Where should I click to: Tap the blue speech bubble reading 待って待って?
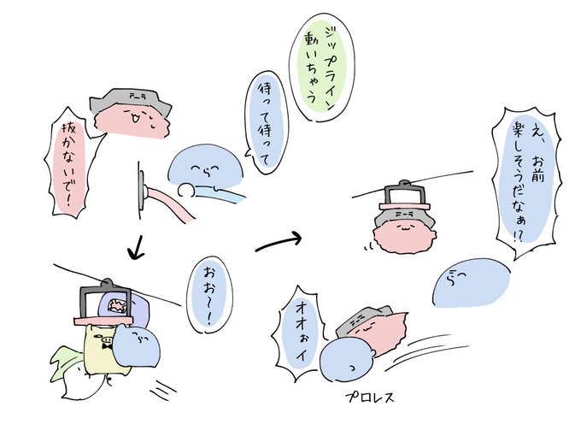pyautogui.click(x=262, y=125)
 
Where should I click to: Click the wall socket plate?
pyautogui.click(x=141, y=189)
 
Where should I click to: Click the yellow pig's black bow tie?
pyautogui.click(x=108, y=347)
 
